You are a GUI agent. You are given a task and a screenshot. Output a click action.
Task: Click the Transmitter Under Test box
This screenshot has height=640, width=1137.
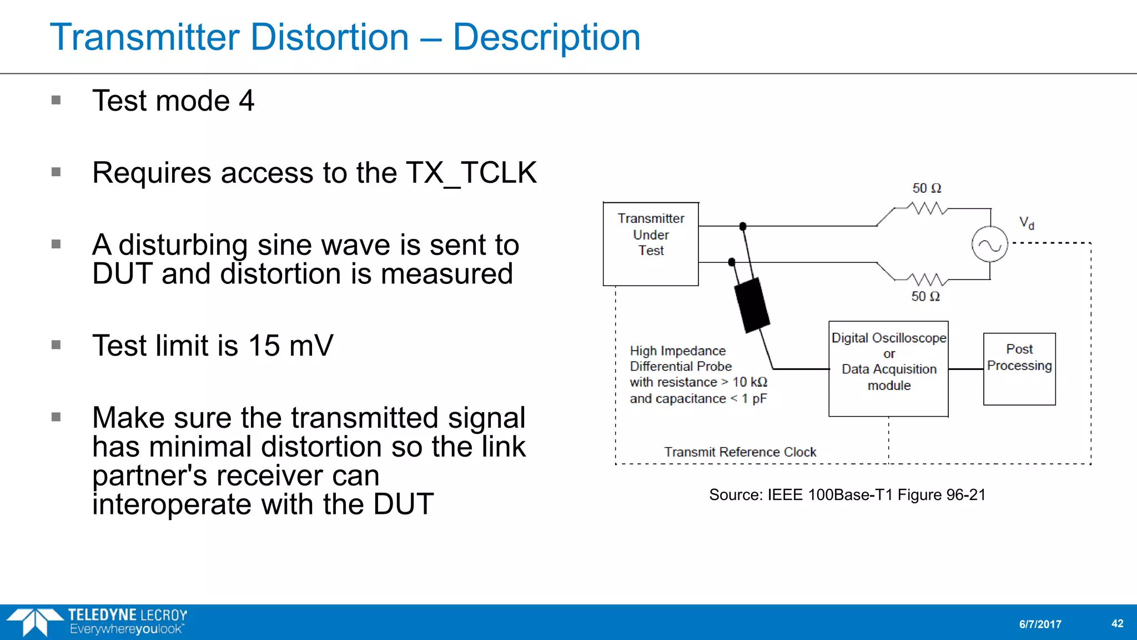pos(651,244)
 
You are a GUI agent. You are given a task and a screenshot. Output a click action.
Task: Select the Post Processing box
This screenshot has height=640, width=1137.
pos(1019,369)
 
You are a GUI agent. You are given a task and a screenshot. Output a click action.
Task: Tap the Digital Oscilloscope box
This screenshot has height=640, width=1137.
pos(888,368)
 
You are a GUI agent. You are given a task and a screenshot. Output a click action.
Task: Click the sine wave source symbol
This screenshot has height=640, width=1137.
pos(989,244)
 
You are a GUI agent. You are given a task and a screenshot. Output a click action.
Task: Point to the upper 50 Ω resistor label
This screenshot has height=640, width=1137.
pos(927,188)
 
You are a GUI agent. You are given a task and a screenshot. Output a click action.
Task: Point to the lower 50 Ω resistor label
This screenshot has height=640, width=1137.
pos(925,297)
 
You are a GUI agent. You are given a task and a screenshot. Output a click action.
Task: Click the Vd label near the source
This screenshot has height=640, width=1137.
pos(1027,223)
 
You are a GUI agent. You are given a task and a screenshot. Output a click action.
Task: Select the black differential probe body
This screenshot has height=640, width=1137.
pos(752,305)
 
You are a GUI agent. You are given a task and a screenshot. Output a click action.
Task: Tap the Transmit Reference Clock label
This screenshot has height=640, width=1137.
pos(740,452)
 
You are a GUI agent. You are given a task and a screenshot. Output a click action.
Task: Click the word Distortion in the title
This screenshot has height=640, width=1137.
pos(330,37)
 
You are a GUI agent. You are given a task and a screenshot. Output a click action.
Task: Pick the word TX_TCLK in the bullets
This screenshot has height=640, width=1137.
pos(471,173)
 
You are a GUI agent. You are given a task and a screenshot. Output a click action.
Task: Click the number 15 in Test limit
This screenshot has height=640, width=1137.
pos(264,346)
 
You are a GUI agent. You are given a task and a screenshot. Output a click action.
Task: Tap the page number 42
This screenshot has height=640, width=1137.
pos(1118,623)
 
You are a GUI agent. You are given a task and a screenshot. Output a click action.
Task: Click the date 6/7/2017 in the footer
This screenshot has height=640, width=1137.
pos(1040,624)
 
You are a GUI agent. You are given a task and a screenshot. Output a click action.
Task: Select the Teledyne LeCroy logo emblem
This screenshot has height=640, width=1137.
pos(34,622)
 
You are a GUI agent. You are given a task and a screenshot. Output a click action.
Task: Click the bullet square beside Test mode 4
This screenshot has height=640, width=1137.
pos(56,101)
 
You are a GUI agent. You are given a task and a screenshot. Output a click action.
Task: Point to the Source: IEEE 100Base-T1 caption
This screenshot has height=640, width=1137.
pos(847,495)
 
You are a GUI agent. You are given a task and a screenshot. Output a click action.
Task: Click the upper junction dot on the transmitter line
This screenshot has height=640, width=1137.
pos(743,226)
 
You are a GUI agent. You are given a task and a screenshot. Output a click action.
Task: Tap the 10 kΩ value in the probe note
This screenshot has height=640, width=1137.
pos(749,382)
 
